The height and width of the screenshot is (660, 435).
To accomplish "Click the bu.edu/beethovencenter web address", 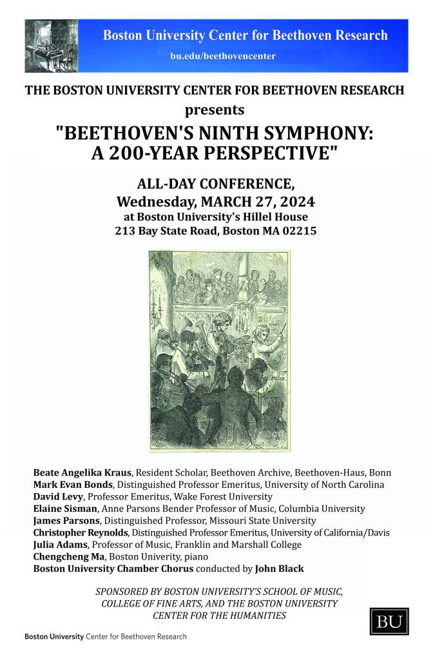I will click(223, 56).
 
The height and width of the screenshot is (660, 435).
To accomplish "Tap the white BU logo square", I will click(386, 622).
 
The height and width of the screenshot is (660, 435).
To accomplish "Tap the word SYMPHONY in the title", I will click(314, 135).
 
